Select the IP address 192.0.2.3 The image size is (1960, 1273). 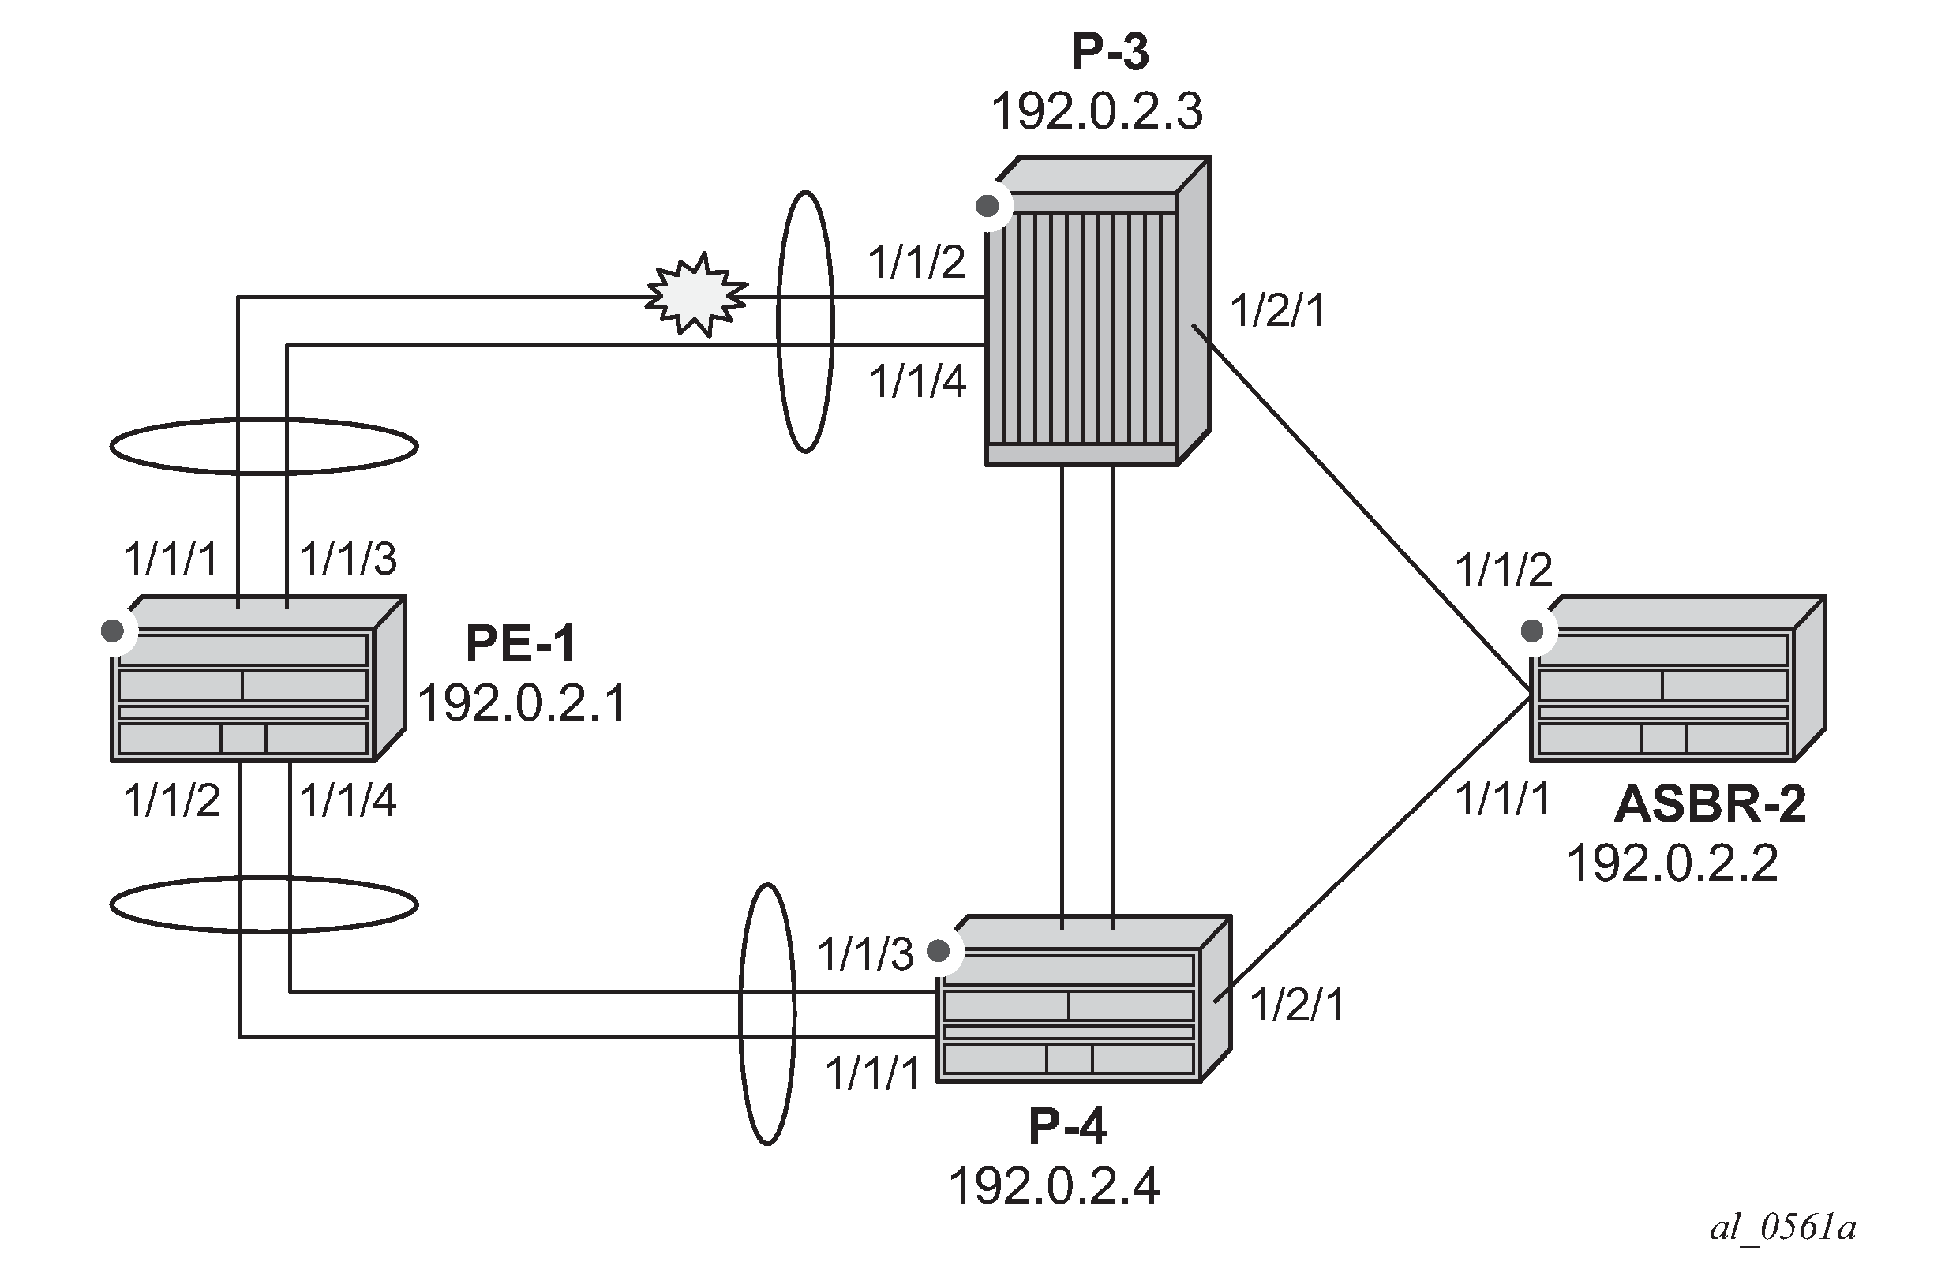pyautogui.click(x=1096, y=112)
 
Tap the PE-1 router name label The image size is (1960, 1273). pyautogui.click(x=520, y=643)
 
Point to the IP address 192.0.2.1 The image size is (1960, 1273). pyautogui.click(x=523, y=703)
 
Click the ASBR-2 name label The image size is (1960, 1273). pyautogui.click(x=1711, y=803)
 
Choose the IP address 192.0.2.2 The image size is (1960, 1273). pyautogui.click(x=1673, y=863)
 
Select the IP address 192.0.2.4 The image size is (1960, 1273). pyautogui.click(x=1054, y=1185)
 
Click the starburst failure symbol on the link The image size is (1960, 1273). pyautogui.click(x=697, y=295)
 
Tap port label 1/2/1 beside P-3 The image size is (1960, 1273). pyautogui.click(x=1277, y=311)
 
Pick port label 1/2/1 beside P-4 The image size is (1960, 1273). pyautogui.click(x=1297, y=1005)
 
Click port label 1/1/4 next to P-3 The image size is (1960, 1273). pyautogui.click(x=917, y=382)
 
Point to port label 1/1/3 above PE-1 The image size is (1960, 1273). pyautogui.click(x=347, y=559)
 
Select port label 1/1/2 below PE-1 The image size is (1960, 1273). pyautogui.click(x=171, y=800)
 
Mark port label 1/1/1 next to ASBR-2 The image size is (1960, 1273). pyautogui.click(x=1503, y=799)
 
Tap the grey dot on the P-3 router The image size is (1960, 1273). pyautogui.click(x=987, y=206)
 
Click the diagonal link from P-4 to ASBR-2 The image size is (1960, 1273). pyautogui.click(x=1373, y=849)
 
